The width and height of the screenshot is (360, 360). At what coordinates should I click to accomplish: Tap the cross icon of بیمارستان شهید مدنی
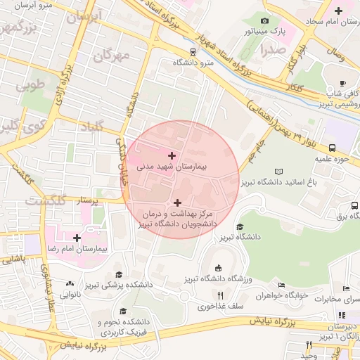pyautogui.click(x=172, y=155)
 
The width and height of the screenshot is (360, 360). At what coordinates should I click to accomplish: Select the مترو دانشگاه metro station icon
pyautogui.click(x=193, y=52)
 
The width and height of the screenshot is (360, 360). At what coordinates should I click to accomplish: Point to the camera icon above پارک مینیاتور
pyautogui.click(x=264, y=20)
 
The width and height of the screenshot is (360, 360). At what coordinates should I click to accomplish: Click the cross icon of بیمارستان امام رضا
pyautogui.click(x=77, y=238)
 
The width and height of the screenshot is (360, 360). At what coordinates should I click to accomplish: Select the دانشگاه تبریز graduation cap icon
pyautogui.click(x=240, y=226)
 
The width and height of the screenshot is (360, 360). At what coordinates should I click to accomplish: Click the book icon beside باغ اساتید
pyautogui.click(x=279, y=172)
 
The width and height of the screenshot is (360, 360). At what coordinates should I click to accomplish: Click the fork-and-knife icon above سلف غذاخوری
pyautogui.click(x=200, y=306)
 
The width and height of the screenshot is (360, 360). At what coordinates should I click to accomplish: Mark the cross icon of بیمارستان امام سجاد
pyautogui.click(x=339, y=11)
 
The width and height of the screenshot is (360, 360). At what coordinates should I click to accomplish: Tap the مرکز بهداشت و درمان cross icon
pyautogui.click(x=176, y=202)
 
